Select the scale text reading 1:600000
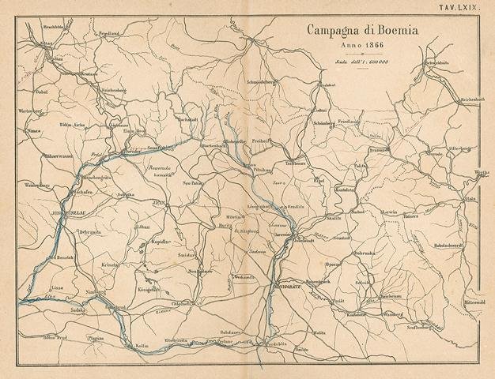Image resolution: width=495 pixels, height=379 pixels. coord(354,61)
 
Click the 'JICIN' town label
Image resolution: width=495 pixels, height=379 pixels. coord(157,204)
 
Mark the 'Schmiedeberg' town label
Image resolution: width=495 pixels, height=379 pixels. coord(263,81)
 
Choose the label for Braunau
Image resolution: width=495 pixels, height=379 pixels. coord(402,148)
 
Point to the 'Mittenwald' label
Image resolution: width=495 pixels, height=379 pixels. coord(473,302)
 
